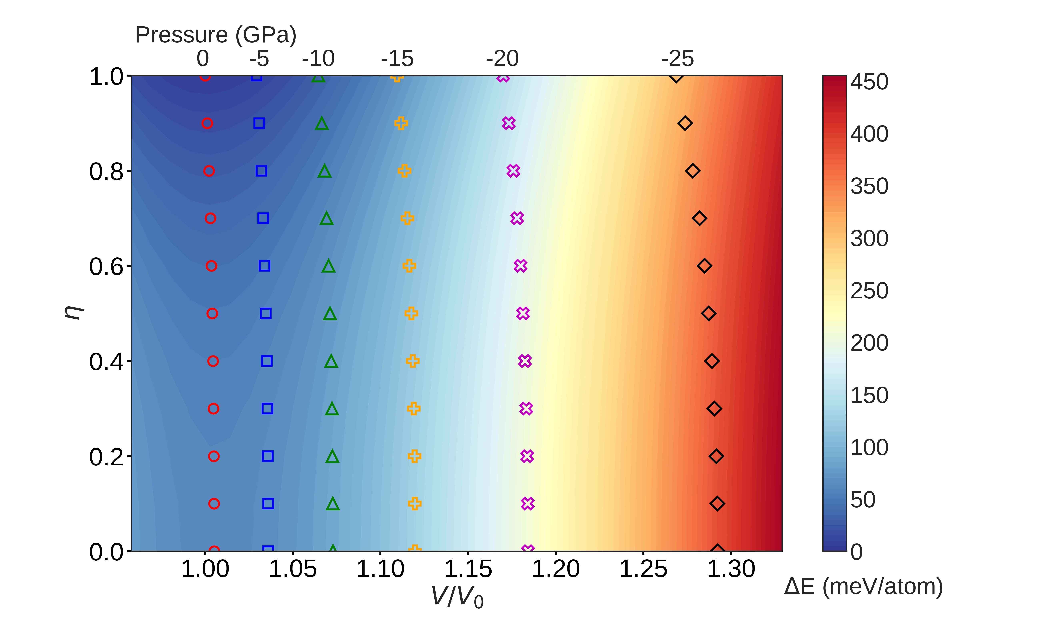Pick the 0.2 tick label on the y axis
pyautogui.click(x=106, y=457)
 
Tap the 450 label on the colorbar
pyautogui.click(x=869, y=82)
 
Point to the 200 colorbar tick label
pyautogui.click(x=869, y=343)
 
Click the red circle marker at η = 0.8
pyautogui.click(x=209, y=171)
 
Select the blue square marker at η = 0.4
pyautogui.click(x=267, y=361)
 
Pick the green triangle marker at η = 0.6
pyautogui.click(x=328, y=266)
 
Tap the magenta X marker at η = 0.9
pyautogui.click(x=508, y=124)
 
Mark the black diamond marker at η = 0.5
pyautogui.click(x=708, y=314)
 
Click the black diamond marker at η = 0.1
pyautogui.click(x=717, y=504)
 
